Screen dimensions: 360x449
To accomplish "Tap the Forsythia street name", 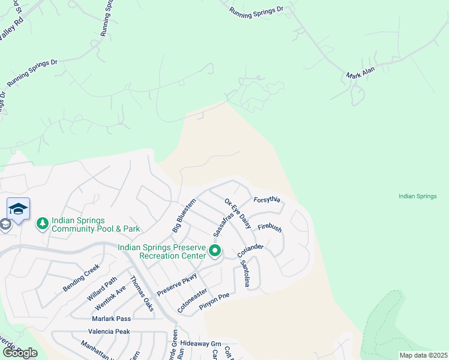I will pos(267,200).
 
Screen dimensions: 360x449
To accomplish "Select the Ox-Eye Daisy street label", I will pos(237,212).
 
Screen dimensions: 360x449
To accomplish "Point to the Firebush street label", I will pos(270,228).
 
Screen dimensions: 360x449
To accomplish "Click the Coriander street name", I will pos(251,250).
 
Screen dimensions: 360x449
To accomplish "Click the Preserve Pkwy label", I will pos(176,283).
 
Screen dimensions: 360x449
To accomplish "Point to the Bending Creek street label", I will pos(80,278).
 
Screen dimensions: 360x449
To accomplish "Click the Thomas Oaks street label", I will pos(142,293).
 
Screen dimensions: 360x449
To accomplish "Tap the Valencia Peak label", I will pos(109,331).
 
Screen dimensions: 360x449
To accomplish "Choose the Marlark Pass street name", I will pos(111,319).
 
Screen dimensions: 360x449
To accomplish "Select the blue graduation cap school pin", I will pos(18,209).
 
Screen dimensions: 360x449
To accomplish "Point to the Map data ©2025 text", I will pos(423,355).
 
